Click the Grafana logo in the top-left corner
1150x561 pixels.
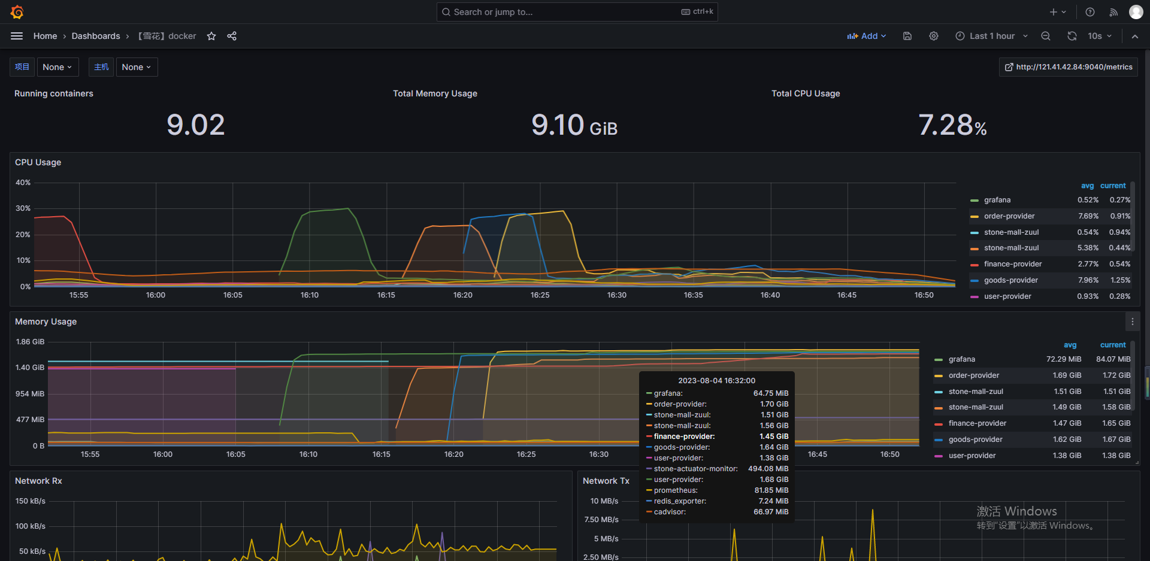click(17, 12)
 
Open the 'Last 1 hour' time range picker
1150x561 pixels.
click(991, 36)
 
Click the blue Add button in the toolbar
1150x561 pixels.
click(866, 36)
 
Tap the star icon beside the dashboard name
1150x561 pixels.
click(211, 36)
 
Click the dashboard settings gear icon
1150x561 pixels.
click(933, 36)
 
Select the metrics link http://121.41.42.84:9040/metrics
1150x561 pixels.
click(1069, 67)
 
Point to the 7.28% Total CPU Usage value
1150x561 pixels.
click(952, 125)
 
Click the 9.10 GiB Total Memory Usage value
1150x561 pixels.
click(574, 125)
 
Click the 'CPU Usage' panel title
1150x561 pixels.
click(38, 162)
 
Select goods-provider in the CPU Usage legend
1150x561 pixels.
click(1010, 280)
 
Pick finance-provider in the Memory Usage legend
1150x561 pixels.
click(977, 423)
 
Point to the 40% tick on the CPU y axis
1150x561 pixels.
click(23, 183)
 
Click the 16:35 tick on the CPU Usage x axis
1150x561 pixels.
click(693, 295)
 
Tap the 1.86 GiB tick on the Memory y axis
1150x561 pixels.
click(30, 342)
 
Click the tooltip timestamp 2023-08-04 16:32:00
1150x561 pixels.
click(716, 381)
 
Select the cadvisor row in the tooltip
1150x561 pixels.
click(670, 512)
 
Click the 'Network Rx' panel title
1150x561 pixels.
click(38, 481)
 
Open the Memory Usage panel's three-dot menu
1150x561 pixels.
click(1132, 322)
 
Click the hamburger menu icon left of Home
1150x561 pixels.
click(17, 36)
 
